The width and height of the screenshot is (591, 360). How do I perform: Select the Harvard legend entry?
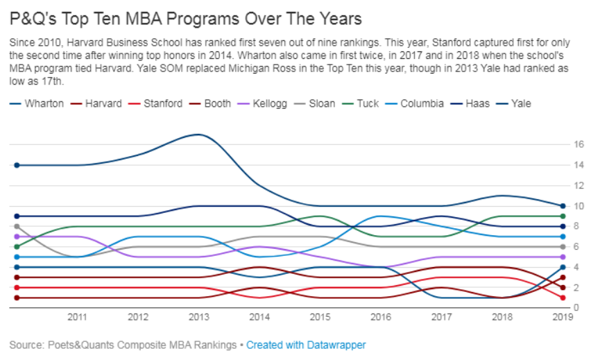tap(103, 104)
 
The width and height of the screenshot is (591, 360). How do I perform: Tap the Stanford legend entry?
tap(163, 104)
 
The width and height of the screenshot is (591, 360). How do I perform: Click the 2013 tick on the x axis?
tap(199, 317)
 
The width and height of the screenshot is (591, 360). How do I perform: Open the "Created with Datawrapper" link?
tap(306, 345)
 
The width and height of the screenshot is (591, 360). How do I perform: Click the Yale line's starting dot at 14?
tap(16, 165)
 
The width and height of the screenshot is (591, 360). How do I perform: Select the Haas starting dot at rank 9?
tap(16, 216)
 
